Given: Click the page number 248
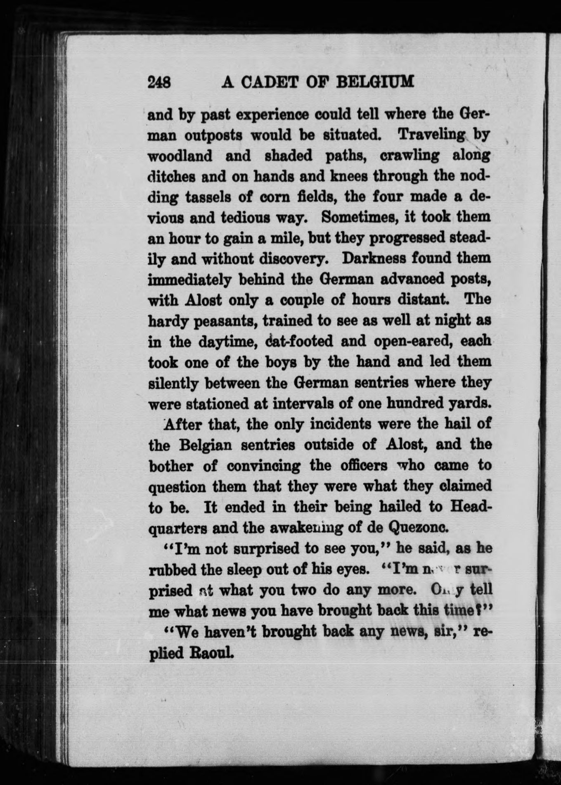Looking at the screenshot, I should click(x=159, y=82).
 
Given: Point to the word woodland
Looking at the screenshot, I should click(x=180, y=156).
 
